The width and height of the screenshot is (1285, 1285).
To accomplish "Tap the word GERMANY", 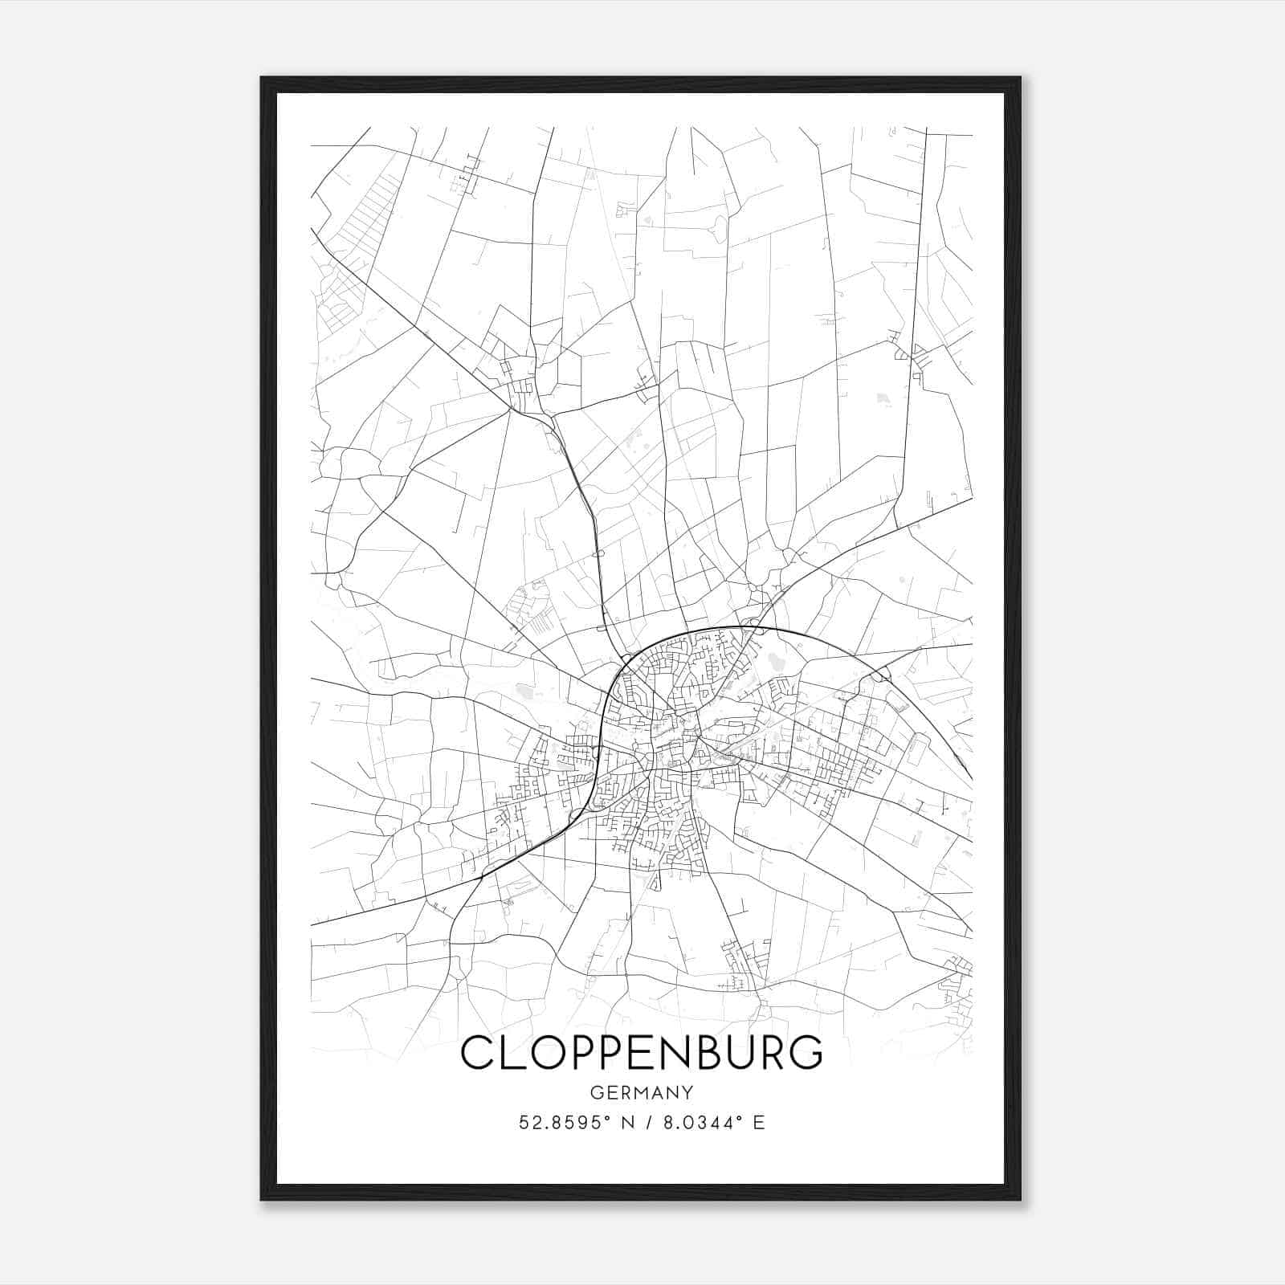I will point(642,1093).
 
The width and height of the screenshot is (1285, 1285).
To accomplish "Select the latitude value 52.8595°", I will point(561,1123).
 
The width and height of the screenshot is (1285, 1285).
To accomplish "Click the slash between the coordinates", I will point(647,1123).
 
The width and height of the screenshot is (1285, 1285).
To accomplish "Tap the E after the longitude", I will point(759,1123).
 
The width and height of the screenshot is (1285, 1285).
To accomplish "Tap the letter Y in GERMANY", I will point(687,1093).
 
